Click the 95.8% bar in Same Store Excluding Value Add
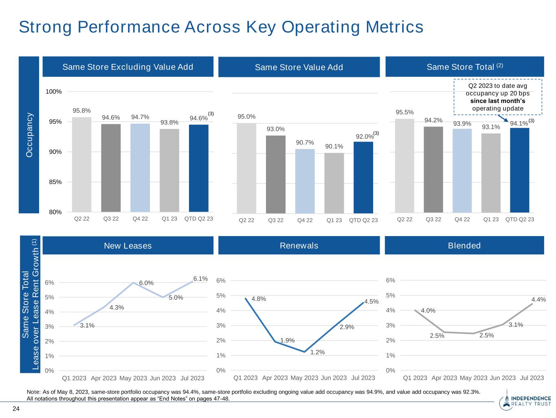click(x=81, y=164)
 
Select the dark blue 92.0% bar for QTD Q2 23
click(x=363, y=177)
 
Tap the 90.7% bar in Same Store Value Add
click(x=305, y=181)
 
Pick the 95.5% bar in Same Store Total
click(x=404, y=166)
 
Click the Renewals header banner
click(x=299, y=245)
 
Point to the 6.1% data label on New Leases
click(x=200, y=279)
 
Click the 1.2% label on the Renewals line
click(x=317, y=352)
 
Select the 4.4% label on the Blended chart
click(x=538, y=300)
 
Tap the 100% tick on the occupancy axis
click(x=54, y=92)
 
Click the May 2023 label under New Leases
click(x=133, y=378)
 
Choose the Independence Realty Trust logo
click(x=525, y=401)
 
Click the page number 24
click(x=16, y=409)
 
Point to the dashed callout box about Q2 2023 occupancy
click(x=497, y=97)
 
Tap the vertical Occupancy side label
click(x=29, y=134)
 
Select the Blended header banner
click(x=464, y=245)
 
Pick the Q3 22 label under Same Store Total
click(x=433, y=219)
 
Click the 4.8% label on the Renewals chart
click(x=259, y=299)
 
